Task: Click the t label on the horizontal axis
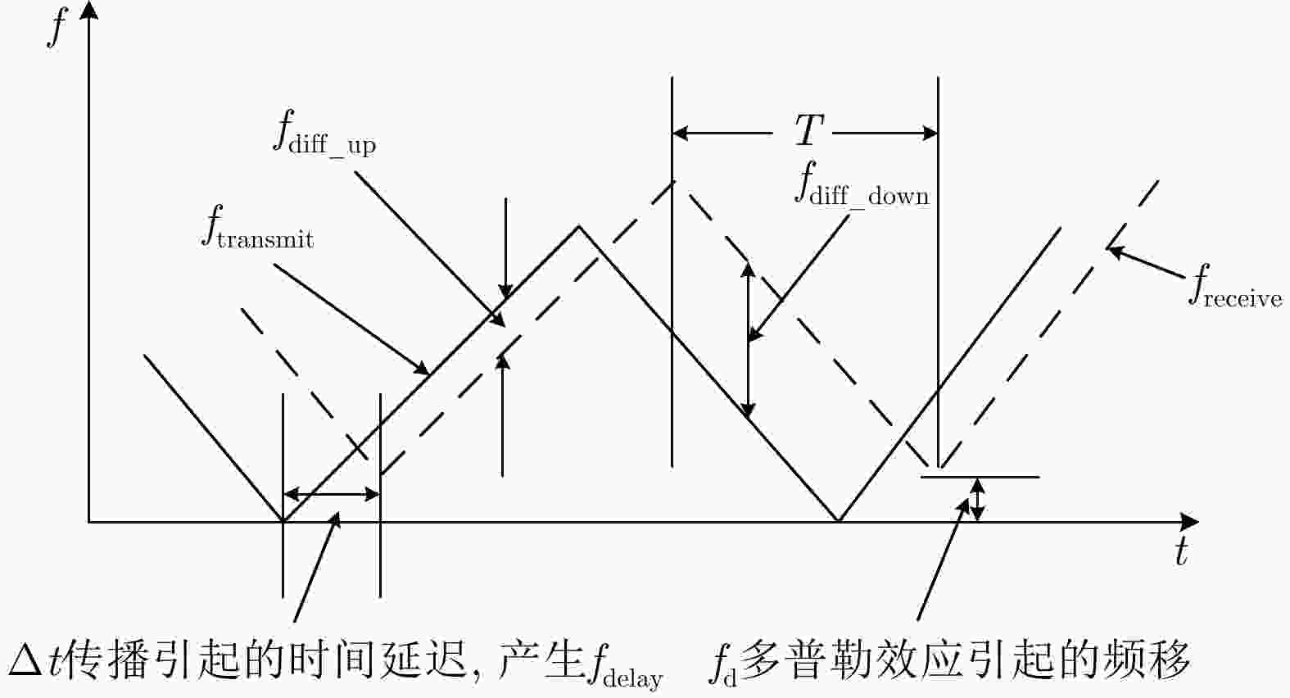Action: click(x=1181, y=552)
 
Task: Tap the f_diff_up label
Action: click(x=324, y=134)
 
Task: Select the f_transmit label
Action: click(x=257, y=228)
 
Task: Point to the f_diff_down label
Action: click(x=862, y=184)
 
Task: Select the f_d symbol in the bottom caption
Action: click(x=723, y=664)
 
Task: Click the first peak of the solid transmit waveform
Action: click(x=579, y=226)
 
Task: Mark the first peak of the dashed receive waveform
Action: click(x=673, y=181)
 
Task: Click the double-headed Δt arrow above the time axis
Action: click(x=331, y=494)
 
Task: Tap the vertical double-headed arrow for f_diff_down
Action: click(x=748, y=340)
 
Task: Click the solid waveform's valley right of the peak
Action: click(x=839, y=520)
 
